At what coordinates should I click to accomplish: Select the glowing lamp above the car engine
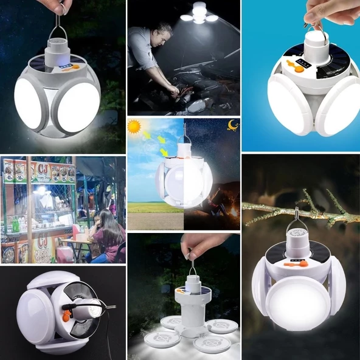(199, 13)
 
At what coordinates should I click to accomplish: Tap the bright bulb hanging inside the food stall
(41, 190)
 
